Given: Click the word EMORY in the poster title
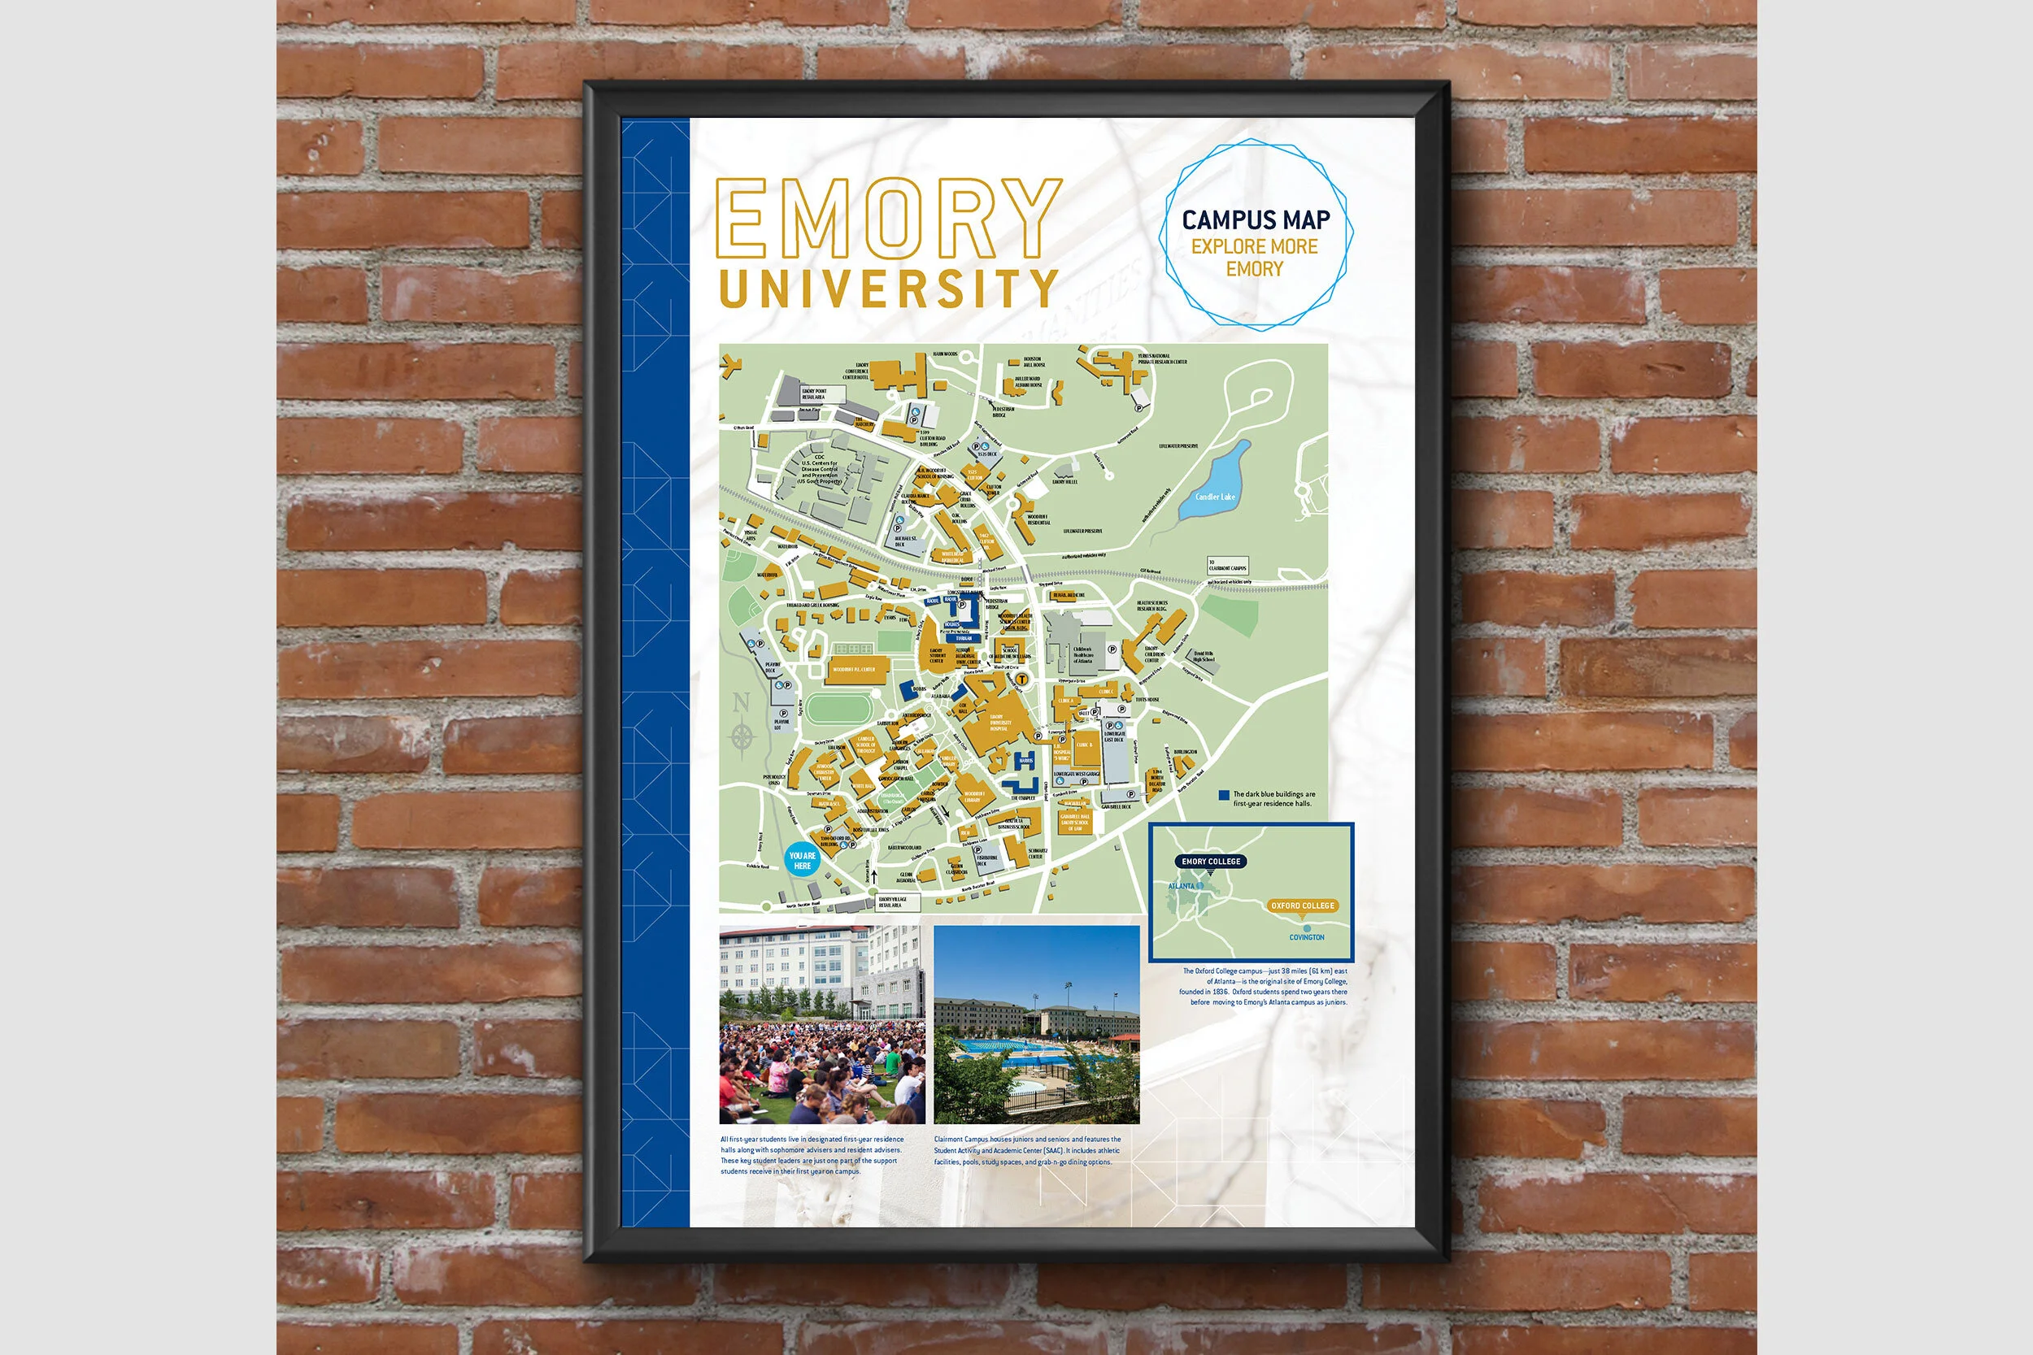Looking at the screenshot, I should coord(888,218).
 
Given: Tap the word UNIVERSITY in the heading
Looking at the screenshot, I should coord(888,288).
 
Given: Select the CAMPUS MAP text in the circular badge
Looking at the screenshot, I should coord(1255,220).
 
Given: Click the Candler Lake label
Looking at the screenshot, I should coord(1214,497).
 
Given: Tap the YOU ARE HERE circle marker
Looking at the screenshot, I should coord(802,861).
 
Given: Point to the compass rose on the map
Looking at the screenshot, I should coord(742,736).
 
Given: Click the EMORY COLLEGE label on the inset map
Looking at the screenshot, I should coord(1210,862).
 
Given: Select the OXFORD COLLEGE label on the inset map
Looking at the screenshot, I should coord(1302,906).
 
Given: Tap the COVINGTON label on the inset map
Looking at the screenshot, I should coord(1306,936).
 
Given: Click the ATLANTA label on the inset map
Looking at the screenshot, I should coord(1181,887).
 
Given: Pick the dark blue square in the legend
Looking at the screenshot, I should coord(1223,795).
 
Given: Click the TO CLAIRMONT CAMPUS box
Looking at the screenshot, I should coord(1227,566).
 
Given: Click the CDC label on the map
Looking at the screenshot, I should coord(819,457).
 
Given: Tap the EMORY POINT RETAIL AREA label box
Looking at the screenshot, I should coord(814,394).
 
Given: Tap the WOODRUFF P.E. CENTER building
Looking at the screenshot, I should coord(854,670).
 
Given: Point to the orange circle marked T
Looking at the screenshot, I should coord(1021,680).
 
